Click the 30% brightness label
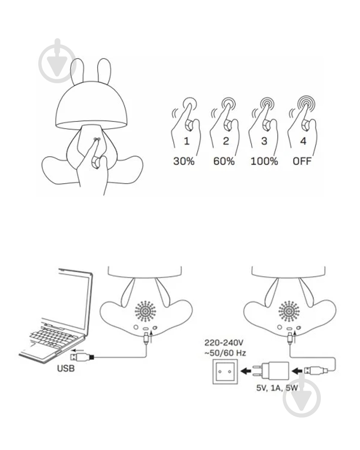(x=184, y=161)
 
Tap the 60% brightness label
(x=224, y=161)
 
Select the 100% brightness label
(x=264, y=161)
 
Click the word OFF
(x=302, y=161)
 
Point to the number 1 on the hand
(x=187, y=141)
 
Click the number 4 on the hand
(x=303, y=141)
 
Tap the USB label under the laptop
(x=66, y=368)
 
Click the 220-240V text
(x=224, y=342)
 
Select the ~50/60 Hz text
(x=225, y=353)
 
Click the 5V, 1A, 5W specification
(x=277, y=388)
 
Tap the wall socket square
(x=225, y=372)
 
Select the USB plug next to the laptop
(x=82, y=357)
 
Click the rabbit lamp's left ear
(x=77, y=71)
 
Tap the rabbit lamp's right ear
(x=104, y=71)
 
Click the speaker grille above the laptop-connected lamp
(x=145, y=311)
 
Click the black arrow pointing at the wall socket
(x=246, y=371)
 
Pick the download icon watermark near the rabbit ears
(x=58, y=61)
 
